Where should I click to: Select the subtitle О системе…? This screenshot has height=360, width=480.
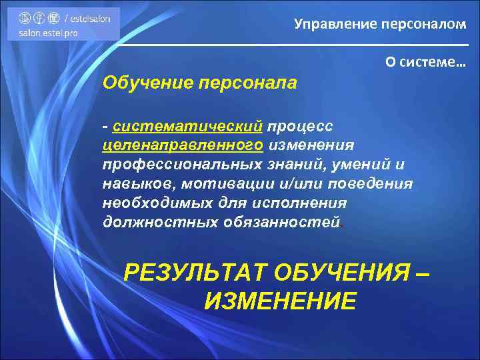[425, 61]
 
